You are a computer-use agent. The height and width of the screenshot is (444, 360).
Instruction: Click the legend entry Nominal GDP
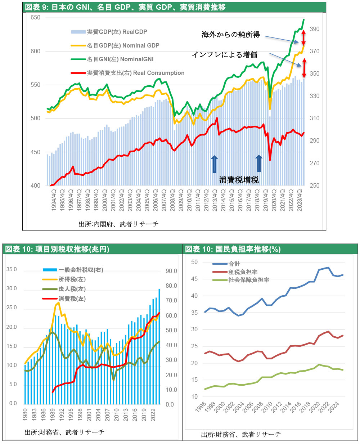coord(123,46)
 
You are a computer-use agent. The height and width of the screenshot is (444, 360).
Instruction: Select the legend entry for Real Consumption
coord(135,73)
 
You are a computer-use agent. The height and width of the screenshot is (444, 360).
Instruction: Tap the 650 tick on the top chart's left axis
coord(35,18)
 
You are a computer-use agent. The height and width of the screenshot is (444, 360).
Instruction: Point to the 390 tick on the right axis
coord(314,29)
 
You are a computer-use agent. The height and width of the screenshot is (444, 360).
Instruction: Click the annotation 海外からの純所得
coord(231,35)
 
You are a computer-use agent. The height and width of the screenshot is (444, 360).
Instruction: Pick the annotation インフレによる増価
coord(224,55)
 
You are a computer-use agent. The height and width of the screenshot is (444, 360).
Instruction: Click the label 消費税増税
coord(239,180)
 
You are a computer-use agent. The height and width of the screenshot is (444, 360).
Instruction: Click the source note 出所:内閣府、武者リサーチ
coord(118,224)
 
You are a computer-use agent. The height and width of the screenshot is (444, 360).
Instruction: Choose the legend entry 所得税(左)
coord(72,279)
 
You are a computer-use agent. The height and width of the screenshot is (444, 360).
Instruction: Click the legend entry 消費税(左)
coord(72,299)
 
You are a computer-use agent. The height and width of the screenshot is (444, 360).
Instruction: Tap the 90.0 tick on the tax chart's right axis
coord(171,271)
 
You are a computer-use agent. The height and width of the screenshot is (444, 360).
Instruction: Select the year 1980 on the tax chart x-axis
coord(25,414)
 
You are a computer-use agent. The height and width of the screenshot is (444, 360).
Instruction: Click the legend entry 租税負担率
coord(243,272)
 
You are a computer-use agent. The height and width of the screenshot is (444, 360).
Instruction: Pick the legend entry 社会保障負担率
coord(249,280)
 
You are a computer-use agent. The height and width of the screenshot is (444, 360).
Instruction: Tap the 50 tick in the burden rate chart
coord(194,262)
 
